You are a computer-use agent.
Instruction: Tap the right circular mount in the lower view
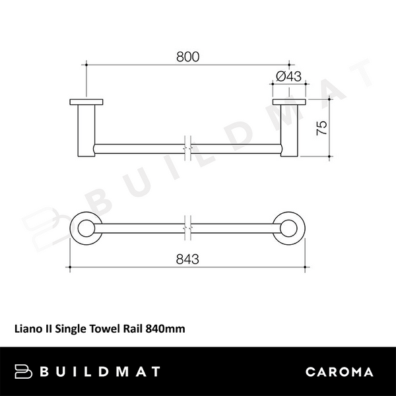tap(288, 228)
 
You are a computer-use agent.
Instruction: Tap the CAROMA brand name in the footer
tap(339, 372)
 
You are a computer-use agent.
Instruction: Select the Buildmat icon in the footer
tap(24, 372)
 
